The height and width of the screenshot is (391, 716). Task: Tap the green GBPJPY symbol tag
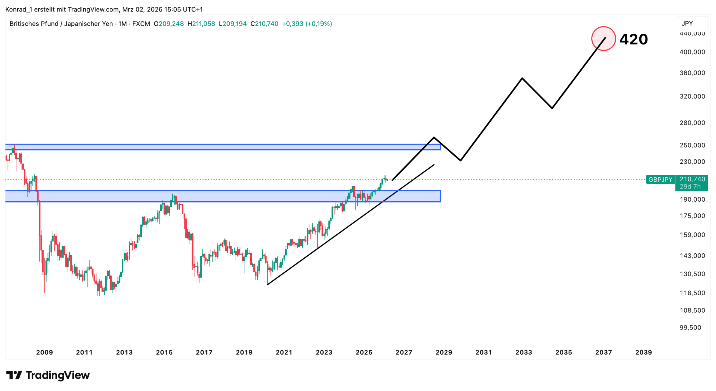click(x=660, y=180)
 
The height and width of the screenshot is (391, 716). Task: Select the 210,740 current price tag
click(x=692, y=179)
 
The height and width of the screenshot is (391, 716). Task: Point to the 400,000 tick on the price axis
click(x=692, y=52)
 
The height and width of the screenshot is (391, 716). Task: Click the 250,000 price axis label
click(x=692, y=145)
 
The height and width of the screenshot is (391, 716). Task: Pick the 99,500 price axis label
click(x=690, y=328)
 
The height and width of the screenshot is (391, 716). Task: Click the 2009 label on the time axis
click(x=44, y=352)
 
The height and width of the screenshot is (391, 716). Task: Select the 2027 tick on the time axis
click(x=404, y=352)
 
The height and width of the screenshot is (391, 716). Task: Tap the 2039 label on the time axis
click(x=644, y=352)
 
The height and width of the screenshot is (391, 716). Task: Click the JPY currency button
click(x=687, y=23)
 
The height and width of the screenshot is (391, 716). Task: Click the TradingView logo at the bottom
click(x=48, y=375)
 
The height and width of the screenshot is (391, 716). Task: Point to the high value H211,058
click(x=201, y=24)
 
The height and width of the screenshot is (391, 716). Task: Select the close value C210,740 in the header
click(x=264, y=24)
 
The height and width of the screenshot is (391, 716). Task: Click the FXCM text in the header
click(x=141, y=24)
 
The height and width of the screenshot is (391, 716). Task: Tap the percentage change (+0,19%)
click(x=319, y=24)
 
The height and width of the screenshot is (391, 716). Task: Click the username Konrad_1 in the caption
click(x=18, y=10)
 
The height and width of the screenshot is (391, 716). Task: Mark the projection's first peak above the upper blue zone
click(x=434, y=137)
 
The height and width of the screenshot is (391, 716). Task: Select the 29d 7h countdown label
click(x=690, y=187)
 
